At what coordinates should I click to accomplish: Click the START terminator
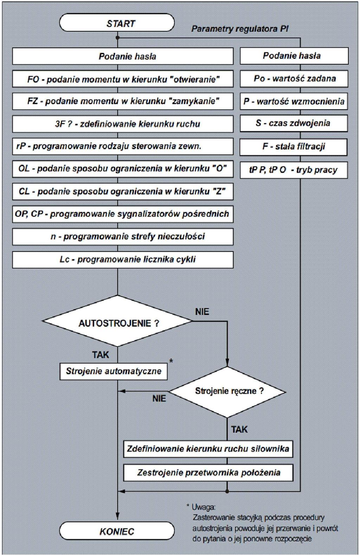click(x=117, y=22)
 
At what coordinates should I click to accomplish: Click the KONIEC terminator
click(x=117, y=531)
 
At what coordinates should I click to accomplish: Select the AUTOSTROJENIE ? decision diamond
click(x=117, y=321)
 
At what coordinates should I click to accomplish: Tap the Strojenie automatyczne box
click(x=114, y=371)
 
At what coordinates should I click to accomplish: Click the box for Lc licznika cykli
click(x=123, y=260)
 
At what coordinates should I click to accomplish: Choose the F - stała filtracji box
click(x=293, y=147)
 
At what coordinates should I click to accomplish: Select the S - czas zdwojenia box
click(x=294, y=123)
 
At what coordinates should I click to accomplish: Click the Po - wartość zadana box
click(x=294, y=79)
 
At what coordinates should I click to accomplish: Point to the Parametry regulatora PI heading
click(x=240, y=29)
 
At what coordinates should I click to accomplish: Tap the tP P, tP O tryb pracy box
click(x=294, y=170)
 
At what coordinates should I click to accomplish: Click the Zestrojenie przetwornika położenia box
click(x=208, y=473)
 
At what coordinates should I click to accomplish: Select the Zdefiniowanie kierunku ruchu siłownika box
click(x=208, y=449)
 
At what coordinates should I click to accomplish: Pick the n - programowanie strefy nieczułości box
click(x=123, y=237)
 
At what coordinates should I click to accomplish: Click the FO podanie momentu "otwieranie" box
click(x=123, y=79)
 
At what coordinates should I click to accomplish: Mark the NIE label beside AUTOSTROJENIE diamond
click(x=202, y=312)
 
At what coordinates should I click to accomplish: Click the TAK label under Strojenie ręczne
click(x=239, y=429)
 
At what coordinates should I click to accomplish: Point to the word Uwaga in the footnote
click(x=204, y=507)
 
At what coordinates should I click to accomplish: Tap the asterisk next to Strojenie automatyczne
click(x=171, y=361)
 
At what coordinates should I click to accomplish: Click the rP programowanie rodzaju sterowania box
click(x=123, y=146)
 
